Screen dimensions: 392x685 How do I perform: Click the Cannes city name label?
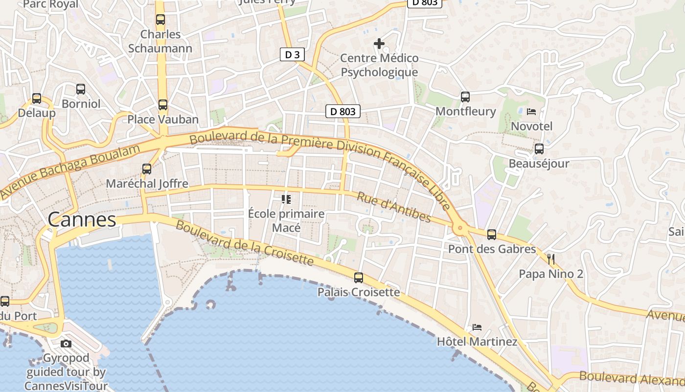(82, 220)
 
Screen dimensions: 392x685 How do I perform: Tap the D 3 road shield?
(292, 54)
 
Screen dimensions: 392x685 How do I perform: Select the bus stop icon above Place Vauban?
(163, 105)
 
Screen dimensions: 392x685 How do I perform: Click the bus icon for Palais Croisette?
(359, 278)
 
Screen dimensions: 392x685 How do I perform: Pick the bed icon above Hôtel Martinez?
(477, 327)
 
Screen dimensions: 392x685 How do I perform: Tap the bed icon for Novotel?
(531, 112)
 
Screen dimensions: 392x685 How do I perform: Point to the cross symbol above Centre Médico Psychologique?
(379, 44)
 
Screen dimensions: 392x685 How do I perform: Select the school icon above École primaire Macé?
(286, 199)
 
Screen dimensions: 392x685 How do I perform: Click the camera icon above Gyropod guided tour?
(66, 343)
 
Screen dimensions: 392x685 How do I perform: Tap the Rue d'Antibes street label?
(394, 207)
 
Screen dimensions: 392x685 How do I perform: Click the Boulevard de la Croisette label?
(244, 243)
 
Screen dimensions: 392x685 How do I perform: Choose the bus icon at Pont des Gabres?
(492, 235)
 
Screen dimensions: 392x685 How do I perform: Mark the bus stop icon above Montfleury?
(465, 97)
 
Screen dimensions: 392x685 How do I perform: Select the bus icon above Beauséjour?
(539, 149)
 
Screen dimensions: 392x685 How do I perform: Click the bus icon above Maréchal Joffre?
(147, 169)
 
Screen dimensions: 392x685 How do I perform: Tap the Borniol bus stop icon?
(81, 89)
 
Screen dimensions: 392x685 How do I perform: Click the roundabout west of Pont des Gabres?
(459, 227)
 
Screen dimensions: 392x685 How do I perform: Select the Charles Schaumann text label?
(160, 41)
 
